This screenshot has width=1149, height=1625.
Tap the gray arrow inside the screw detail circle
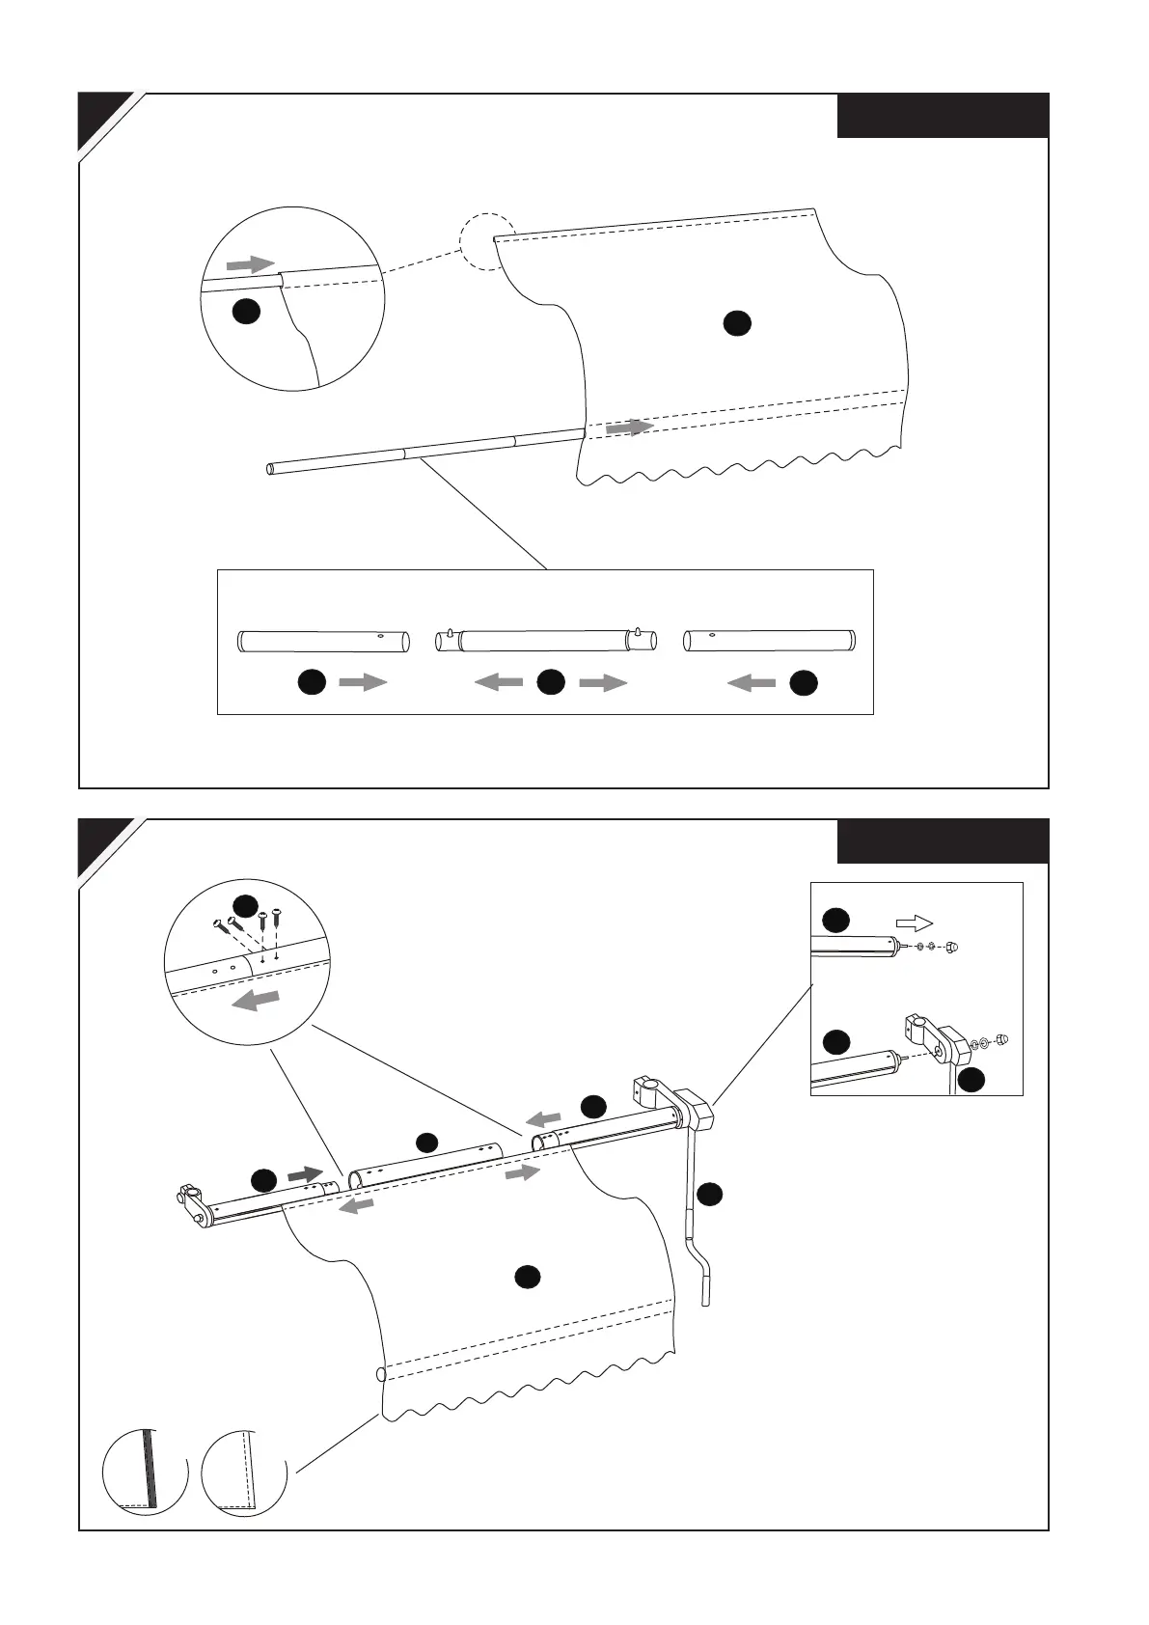[256, 1001]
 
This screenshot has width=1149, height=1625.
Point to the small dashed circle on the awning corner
[483, 239]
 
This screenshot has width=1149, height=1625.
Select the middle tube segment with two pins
[547, 641]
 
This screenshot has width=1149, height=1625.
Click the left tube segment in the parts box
[324, 641]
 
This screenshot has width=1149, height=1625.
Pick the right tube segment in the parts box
[769, 641]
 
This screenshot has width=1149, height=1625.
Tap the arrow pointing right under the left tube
[363, 683]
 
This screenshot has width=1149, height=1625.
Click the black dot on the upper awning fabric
[737, 323]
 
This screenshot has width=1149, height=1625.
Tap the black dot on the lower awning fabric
[527, 1277]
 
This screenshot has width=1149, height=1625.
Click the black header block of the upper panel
[942, 116]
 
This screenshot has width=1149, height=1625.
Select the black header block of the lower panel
[942, 841]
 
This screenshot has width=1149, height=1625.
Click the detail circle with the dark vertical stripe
[146, 1473]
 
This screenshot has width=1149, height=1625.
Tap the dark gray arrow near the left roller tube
[305, 1173]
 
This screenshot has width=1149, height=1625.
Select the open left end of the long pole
[272, 469]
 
